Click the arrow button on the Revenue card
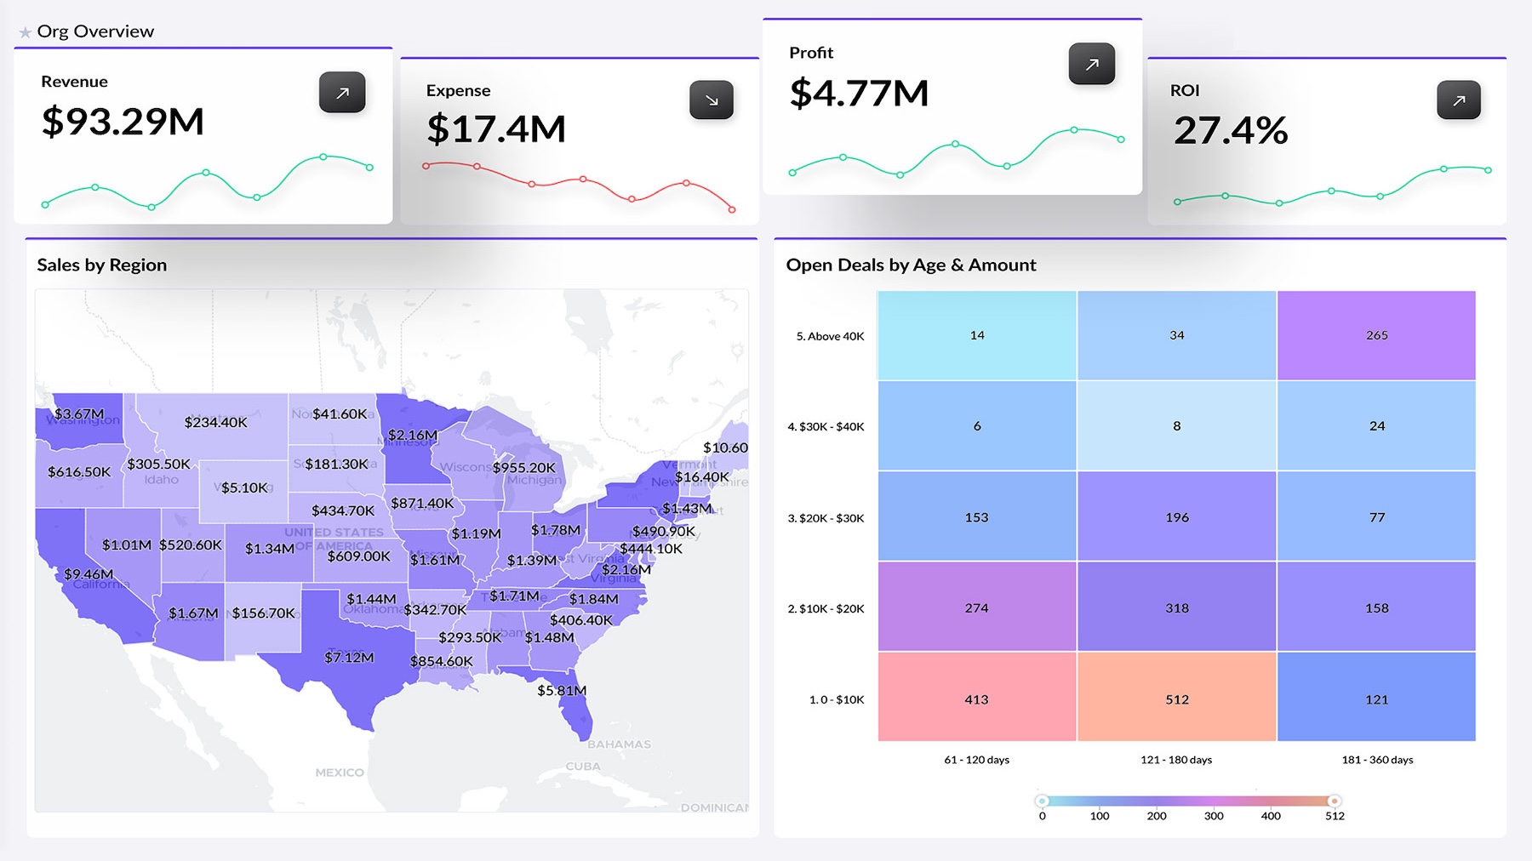point(342,93)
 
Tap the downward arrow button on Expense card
point(712,100)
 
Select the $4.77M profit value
point(859,93)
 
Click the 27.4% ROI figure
point(1230,130)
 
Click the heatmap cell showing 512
point(1176,698)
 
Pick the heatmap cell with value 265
point(1376,335)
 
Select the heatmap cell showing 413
point(976,698)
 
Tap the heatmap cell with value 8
point(1176,425)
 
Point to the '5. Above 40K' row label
point(830,336)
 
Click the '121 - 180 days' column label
point(1176,760)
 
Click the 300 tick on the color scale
point(1214,816)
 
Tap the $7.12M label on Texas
point(349,658)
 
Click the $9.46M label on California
point(89,574)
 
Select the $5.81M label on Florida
point(562,691)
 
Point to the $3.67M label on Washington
point(79,414)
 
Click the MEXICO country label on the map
point(340,773)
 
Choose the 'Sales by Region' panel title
point(102,265)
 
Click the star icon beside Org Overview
point(26,32)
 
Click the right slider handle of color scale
point(1335,801)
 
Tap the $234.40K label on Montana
point(215,422)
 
